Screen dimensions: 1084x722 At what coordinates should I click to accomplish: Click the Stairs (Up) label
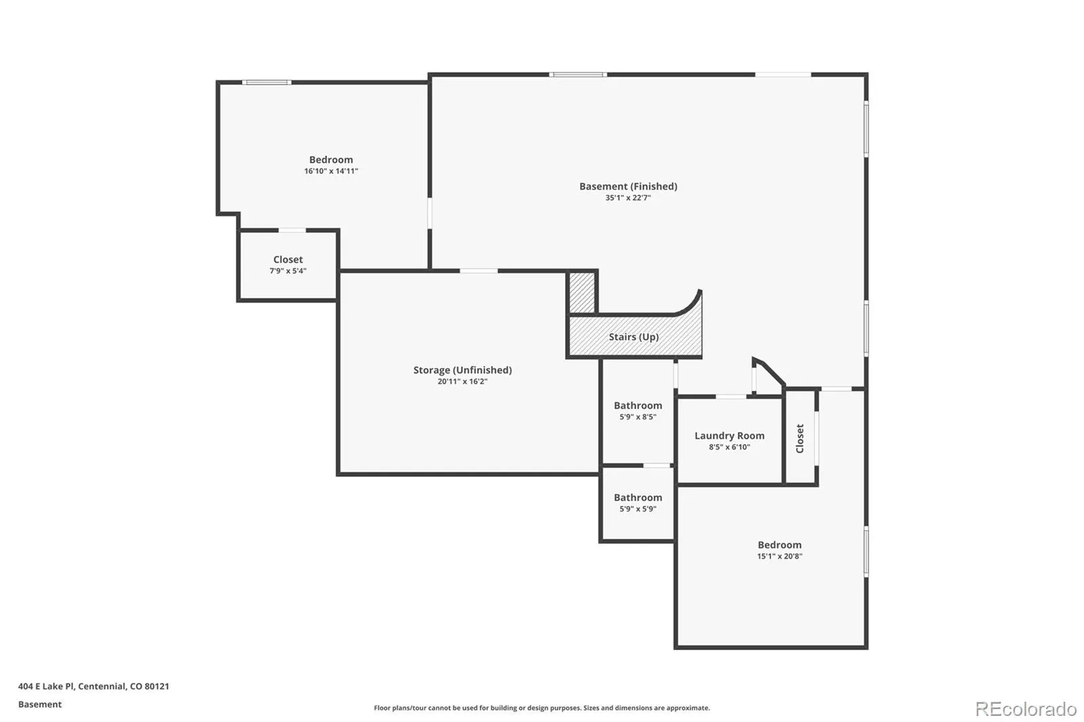(633, 337)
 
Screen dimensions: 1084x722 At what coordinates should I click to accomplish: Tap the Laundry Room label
(729, 436)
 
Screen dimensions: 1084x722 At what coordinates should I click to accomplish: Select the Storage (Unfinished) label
(462, 370)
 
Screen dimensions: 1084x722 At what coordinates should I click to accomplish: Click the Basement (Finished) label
(628, 186)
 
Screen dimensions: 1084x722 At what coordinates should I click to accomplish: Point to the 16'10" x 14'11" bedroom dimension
(331, 171)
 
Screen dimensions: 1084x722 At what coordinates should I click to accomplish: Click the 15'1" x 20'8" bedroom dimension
(780, 556)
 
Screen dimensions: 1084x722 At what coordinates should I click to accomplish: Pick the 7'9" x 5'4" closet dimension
(288, 271)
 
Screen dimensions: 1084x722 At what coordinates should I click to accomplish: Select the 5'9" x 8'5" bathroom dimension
(638, 417)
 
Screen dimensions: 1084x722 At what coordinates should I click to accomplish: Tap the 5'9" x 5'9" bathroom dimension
(638, 509)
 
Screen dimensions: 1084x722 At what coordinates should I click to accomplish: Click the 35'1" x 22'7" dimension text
(628, 198)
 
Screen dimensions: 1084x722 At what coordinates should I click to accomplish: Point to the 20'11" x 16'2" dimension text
(462, 381)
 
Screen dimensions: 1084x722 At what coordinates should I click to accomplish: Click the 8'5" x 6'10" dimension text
(729, 447)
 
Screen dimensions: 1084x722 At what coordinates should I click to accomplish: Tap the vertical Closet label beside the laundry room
(800, 438)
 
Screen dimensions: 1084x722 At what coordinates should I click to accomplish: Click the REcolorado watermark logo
(1026, 709)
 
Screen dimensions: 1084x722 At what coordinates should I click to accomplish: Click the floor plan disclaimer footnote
(542, 708)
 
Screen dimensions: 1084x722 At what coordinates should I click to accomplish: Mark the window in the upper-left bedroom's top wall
(267, 82)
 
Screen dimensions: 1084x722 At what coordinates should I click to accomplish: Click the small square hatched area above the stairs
(582, 293)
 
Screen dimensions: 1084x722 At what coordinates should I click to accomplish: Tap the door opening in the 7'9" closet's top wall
(292, 230)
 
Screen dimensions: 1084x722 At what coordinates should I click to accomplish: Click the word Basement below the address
(40, 704)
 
